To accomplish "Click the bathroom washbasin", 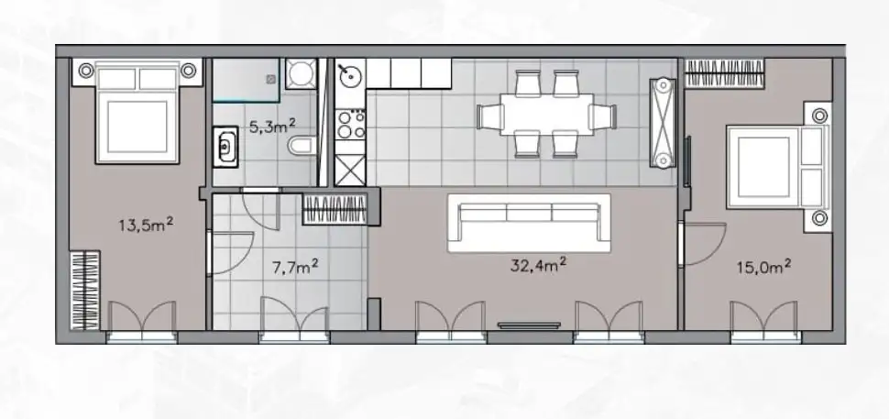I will click(x=225, y=143).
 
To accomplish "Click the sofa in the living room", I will click(x=528, y=223).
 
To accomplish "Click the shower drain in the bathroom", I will click(x=272, y=80).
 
